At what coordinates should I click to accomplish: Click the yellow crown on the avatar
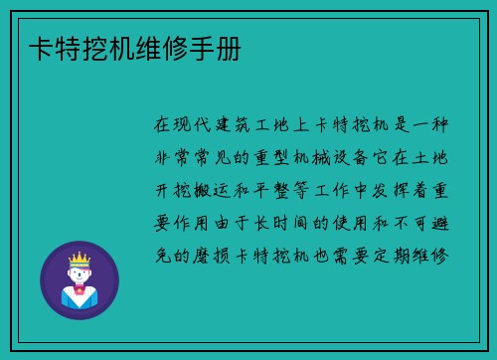coord(80,261)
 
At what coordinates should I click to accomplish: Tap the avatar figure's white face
coord(80,276)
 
